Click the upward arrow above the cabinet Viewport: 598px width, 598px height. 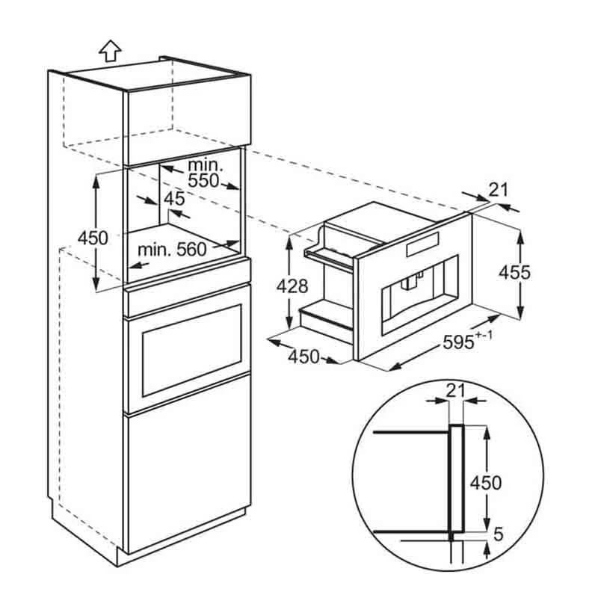point(110,50)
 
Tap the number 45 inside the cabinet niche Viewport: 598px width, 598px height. point(173,199)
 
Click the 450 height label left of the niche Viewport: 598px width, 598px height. point(93,238)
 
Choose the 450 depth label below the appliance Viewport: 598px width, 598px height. point(303,357)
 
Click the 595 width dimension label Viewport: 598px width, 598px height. point(457,342)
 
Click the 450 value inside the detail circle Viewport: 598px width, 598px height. point(485,482)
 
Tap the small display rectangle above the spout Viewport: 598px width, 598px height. point(424,247)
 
